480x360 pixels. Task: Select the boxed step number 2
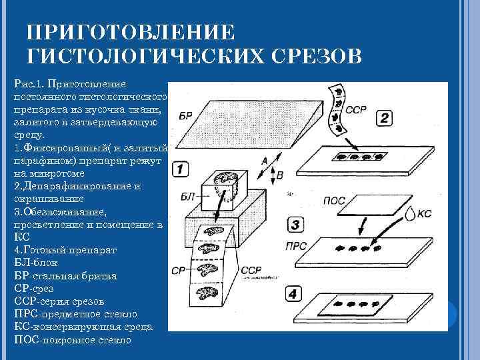tap(385, 119)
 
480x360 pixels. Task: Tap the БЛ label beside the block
tap(187, 196)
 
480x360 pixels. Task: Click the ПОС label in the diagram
tap(333, 200)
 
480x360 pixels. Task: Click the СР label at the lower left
tap(177, 270)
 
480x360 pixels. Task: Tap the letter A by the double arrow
tap(265, 160)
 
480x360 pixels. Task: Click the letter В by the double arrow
tap(279, 175)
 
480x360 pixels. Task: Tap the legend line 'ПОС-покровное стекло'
tap(72, 339)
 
